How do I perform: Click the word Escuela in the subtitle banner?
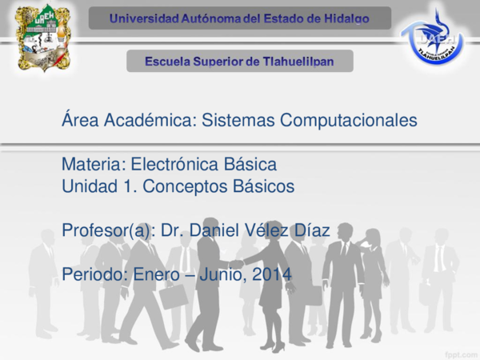170,61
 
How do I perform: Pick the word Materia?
90,165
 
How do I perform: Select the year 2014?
272,274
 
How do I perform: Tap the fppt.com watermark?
459,351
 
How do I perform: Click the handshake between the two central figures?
236,265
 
